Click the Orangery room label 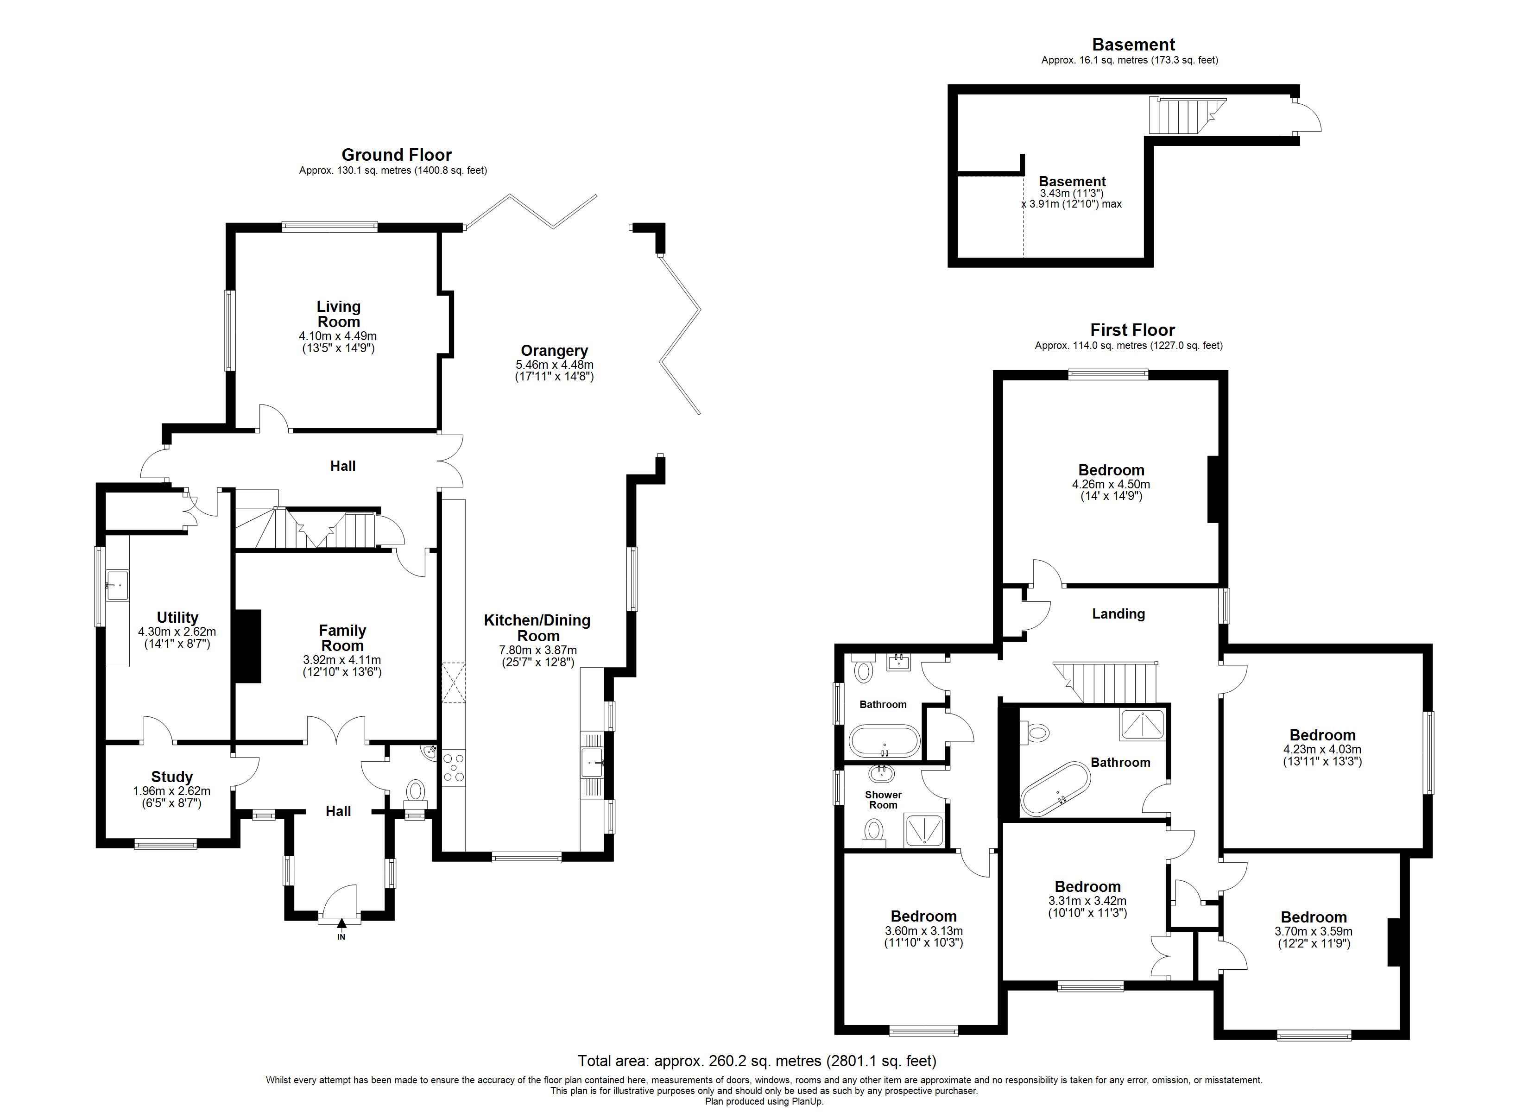click(x=554, y=351)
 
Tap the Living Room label click(x=339, y=314)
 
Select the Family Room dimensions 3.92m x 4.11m click(x=342, y=660)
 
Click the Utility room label click(x=177, y=618)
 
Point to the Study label click(x=172, y=777)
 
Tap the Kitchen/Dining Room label click(x=537, y=628)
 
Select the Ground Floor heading click(x=397, y=155)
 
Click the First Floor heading click(x=1132, y=330)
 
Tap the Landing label click(x=1118, y=613)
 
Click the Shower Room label click(x=883, y=800)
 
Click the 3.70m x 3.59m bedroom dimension click(x=1313, y=932)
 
